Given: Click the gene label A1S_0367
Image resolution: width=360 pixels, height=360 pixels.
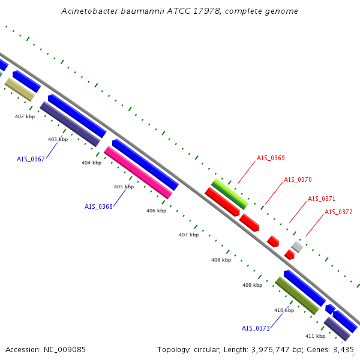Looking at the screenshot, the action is coord(31,159).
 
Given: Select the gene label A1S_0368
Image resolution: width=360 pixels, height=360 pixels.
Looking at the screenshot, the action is coord(98,206).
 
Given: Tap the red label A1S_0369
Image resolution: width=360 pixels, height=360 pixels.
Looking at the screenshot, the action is coord(271,158).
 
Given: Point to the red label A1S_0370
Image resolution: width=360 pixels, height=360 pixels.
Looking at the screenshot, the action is coord(298,179).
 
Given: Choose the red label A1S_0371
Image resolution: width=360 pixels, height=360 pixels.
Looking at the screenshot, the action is coord(322,199).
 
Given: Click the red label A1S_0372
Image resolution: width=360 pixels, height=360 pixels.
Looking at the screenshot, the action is coord(338,212).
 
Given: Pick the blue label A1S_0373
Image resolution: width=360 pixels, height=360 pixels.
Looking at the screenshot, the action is coord(256,328).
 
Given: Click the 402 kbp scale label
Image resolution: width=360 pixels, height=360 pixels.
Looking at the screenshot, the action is coord(25,116).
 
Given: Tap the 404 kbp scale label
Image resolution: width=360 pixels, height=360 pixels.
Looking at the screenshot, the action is coord(91,163).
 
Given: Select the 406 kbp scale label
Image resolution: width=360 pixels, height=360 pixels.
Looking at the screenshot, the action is coord(157,211).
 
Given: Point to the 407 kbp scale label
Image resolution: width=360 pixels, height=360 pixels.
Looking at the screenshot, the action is coord(189,235).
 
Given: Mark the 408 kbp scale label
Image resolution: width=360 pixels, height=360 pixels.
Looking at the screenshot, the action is coord(221,260).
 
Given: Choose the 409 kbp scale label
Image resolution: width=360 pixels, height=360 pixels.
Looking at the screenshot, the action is coord(253,285).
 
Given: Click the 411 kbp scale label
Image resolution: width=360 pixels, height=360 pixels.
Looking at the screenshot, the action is coord(315,336).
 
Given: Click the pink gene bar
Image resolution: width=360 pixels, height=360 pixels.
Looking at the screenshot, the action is coord(138,172).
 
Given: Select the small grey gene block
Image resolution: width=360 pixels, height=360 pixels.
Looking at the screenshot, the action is coord(297,247).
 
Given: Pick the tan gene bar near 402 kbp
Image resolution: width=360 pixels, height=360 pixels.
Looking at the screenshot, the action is coord(20,89).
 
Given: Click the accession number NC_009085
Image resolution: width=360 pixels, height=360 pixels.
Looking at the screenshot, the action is coord(65,350).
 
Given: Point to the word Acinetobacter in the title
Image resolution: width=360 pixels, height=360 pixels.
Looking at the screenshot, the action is coord(89,11).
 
